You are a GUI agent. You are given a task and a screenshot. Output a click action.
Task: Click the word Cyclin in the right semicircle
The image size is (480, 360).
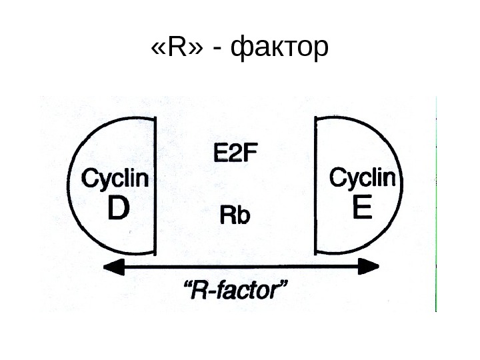click(x=363, y=178)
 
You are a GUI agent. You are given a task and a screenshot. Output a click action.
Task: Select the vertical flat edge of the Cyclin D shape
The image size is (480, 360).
click(x=157, y=187)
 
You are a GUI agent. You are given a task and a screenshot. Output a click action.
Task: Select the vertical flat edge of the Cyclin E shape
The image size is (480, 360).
click(x=315, y=187)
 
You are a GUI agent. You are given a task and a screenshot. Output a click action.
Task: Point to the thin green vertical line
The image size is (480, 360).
click(x=435, y=200)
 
